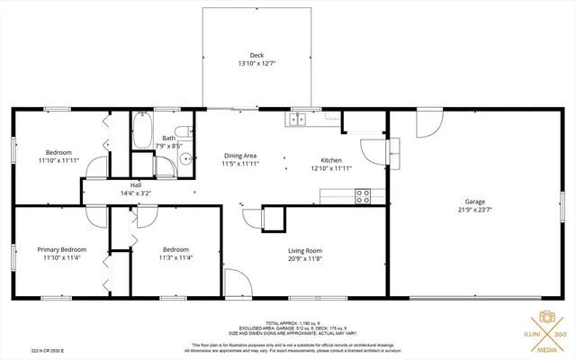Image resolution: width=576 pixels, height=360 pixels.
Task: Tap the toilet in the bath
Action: coord(181,131)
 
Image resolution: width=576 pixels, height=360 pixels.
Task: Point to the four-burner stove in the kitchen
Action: coord(364,194)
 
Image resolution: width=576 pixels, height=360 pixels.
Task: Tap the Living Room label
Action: coord(280,250)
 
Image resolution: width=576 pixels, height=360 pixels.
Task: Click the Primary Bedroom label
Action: coord(61,249)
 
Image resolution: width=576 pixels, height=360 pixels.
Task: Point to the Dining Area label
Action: coord(239,156)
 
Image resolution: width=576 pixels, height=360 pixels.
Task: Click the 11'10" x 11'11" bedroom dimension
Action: coord(58,160)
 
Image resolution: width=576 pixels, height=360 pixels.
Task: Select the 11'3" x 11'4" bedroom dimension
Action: coord(175,257)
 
